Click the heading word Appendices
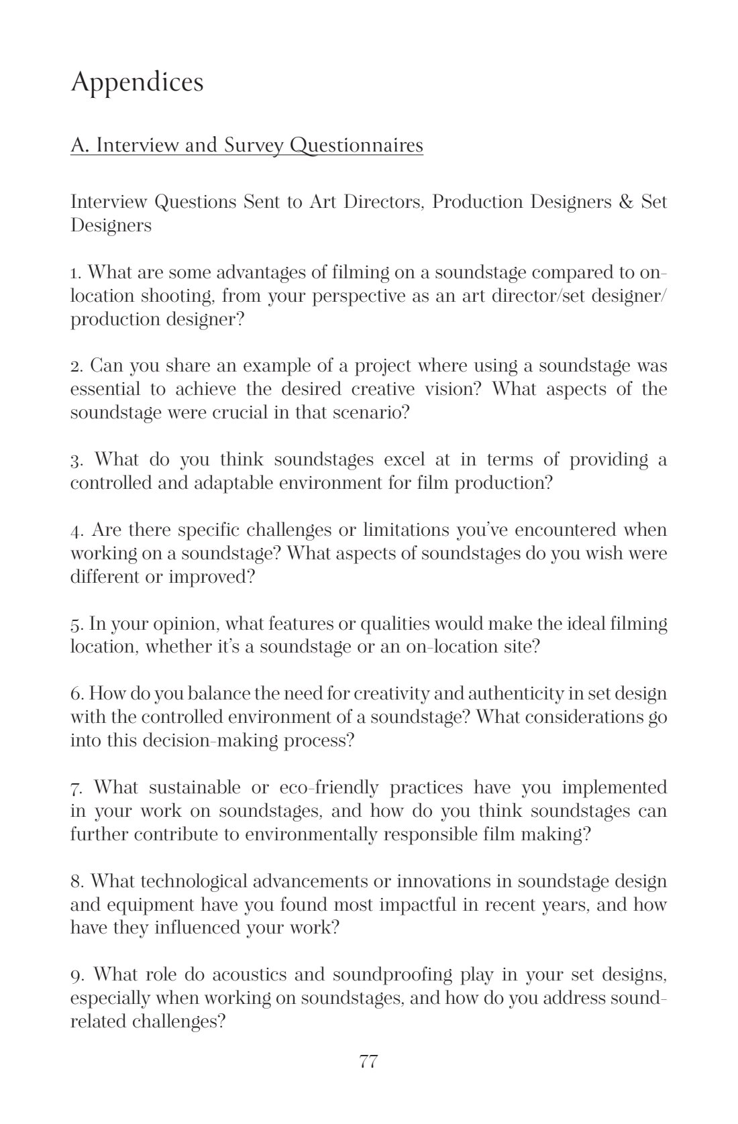(137, 82)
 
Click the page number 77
(368, 1062)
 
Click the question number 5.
(76, 624)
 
